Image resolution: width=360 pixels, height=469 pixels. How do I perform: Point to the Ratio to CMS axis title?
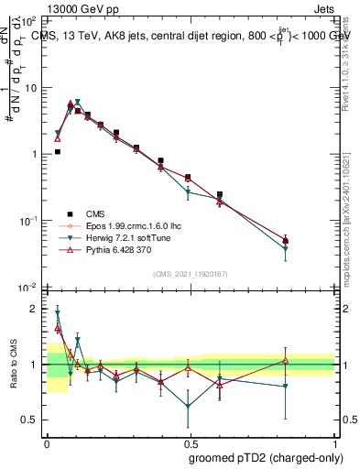pyautogui.click(x=12, y=365)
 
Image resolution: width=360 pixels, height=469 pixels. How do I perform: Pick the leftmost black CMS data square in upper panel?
pyautogui.click(x=58, y=152)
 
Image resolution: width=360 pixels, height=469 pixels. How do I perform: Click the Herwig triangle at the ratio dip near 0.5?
pyautogui.click(x=188, y=406)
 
